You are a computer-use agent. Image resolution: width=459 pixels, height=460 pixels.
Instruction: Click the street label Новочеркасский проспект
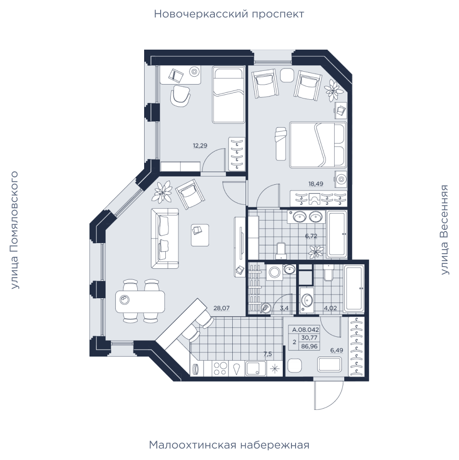pos(229,14)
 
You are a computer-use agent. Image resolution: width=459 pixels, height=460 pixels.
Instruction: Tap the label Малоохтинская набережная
pos(229,445)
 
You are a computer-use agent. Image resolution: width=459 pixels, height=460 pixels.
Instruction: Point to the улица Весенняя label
pos(445,230)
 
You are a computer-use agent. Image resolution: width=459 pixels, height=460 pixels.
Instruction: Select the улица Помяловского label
pos(14,230)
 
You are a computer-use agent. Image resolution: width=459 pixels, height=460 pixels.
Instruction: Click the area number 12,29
pos(200,146)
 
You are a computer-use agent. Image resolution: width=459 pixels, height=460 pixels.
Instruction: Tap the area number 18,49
pos(316,184)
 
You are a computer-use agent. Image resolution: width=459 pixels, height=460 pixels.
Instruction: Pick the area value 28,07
pos(222,308)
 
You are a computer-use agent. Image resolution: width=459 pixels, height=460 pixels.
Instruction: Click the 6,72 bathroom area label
pos(311,236)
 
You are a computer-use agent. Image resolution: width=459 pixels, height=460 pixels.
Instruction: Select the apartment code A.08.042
pos(305,329)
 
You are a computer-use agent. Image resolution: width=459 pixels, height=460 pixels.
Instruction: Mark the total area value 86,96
pos(309,346)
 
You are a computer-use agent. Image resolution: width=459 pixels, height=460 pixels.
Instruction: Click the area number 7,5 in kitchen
pos(268,354)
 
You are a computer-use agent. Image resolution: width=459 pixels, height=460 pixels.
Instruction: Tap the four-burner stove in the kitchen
pos(220,369)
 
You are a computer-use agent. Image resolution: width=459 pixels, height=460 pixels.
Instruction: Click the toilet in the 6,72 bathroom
pos(281,251)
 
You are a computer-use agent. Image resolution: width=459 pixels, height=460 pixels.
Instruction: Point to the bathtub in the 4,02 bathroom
pos(354,289)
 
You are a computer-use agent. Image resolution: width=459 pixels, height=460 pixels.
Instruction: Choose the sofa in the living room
pos(165,238)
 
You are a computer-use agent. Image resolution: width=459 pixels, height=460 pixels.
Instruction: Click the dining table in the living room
pos(140,301)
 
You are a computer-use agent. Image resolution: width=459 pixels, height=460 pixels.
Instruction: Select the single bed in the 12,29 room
pos(229,95)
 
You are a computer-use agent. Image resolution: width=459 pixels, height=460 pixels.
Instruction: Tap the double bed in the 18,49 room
pos(318,145)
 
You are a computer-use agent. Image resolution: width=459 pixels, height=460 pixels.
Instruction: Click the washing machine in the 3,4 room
pos(274,272)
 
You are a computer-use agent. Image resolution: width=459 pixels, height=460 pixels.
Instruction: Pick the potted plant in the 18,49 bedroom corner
pos(334,90)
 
